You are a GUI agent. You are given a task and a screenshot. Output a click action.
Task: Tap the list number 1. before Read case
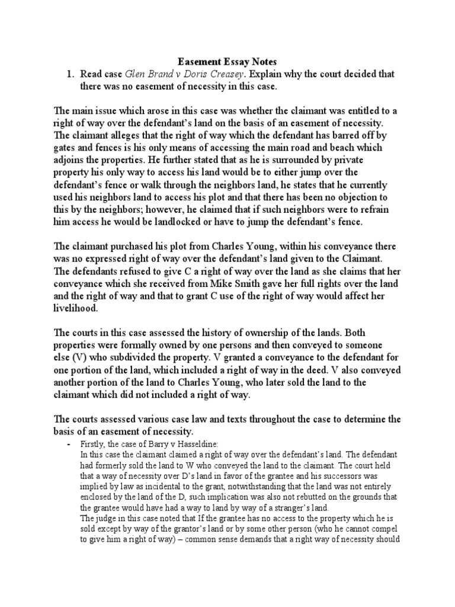[x=69, y=74]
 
